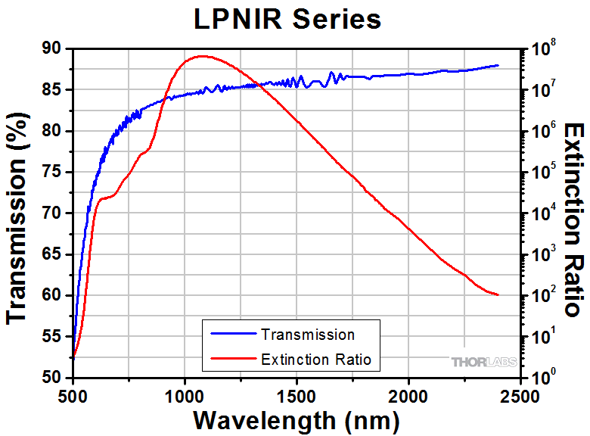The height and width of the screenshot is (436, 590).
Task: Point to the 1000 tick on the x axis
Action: (x=185, y=396)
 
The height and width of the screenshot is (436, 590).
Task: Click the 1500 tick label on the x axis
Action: (x=297, y=396)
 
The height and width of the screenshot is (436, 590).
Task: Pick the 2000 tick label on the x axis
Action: (x=408, y=396)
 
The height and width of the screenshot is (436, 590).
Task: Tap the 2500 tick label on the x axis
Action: (x=520, y=396)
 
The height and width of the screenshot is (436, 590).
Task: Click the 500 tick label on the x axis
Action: (x=73, y=396)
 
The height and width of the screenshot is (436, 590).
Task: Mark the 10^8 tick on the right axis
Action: (x=545, y=49)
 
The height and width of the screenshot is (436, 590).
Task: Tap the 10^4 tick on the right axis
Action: (x=545, y=213)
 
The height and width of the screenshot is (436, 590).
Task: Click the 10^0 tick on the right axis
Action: (x=545, y=375)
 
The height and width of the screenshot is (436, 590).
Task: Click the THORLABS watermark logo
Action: (x=484, y=362)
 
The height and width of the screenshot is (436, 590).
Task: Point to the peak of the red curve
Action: (x=202, y=56)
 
